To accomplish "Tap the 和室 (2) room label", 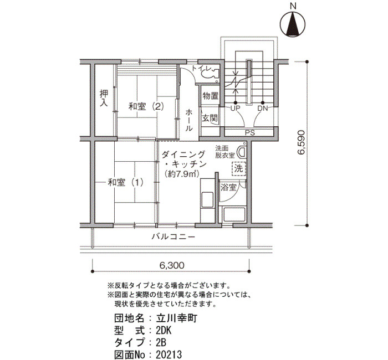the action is pyautogui.click(x=146, y=106).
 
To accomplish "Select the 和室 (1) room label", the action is pyautogui.click(x=125, y=182).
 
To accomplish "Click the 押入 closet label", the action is pyautogui.click(x=104, y=98).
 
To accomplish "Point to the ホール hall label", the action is pyautogui.click(x=189, y=120).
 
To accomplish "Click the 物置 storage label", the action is pyautogui.click(x=210, y=95).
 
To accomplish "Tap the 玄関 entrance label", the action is pyautogui.click(x=210, y=118).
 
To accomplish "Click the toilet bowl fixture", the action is pyautogui.click(x=210, y=73).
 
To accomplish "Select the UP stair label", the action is pyautogui.click(x=235, y=108).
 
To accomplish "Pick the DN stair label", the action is pyautogui.click(x=263, y=108).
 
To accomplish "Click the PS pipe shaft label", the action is pyautogui.click(x=250, y=132).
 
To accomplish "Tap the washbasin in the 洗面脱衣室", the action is pyautogui.click(x=242, y=152).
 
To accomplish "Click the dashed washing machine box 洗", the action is pyautogui.click(x=239, y=168).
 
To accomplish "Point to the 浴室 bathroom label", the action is pyautogui.click(x=228, y=187).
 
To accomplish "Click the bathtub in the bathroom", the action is pyautogui.click(x=234, y=215).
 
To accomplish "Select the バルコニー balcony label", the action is pyautogui.click(x=173, y=237).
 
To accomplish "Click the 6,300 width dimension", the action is pyautogui.click(x=172, y=265).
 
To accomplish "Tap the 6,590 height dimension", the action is pyautogui.click(x=302, y=142).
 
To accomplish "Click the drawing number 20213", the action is pyautogui.click(x=169, y=354).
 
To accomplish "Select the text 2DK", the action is pyautogui.click(x=164, y=330).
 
